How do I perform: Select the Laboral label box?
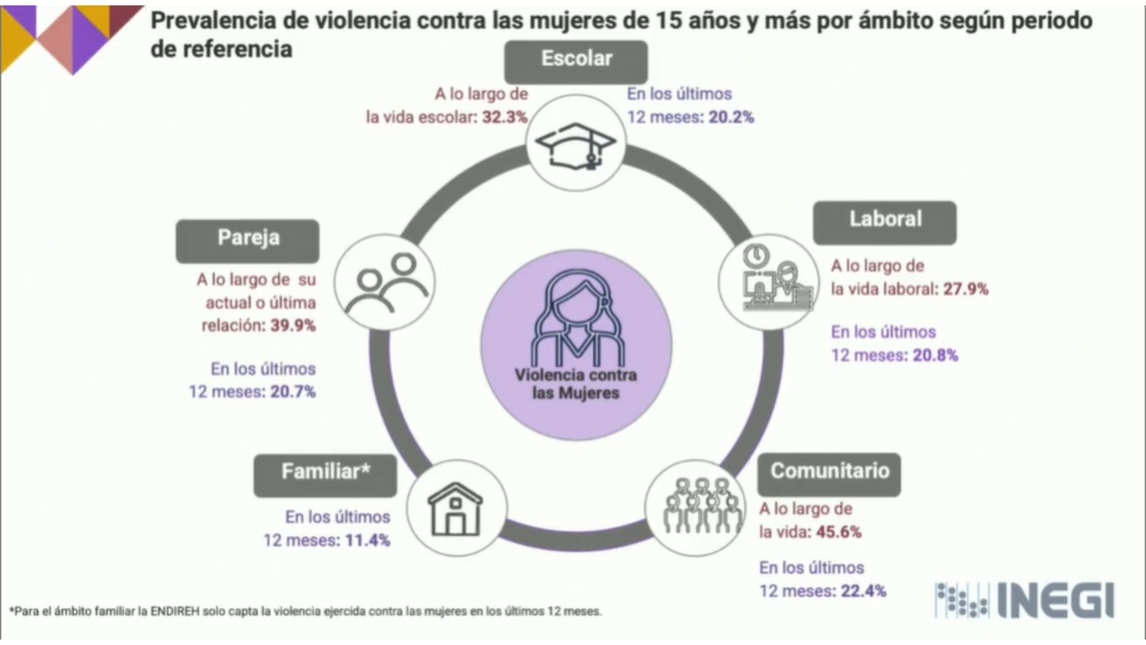885,222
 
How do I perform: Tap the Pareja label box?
248,241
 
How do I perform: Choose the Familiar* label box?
325,475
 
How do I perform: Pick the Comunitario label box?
829,474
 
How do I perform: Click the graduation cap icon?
575,145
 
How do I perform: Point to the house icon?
456,509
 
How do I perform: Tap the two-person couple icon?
386,282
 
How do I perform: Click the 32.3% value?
505,117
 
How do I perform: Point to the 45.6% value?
839,532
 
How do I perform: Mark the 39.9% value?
293,325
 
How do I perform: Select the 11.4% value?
368,540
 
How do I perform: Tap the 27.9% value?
966,290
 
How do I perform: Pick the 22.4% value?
864,591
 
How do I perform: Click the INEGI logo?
1024,601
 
